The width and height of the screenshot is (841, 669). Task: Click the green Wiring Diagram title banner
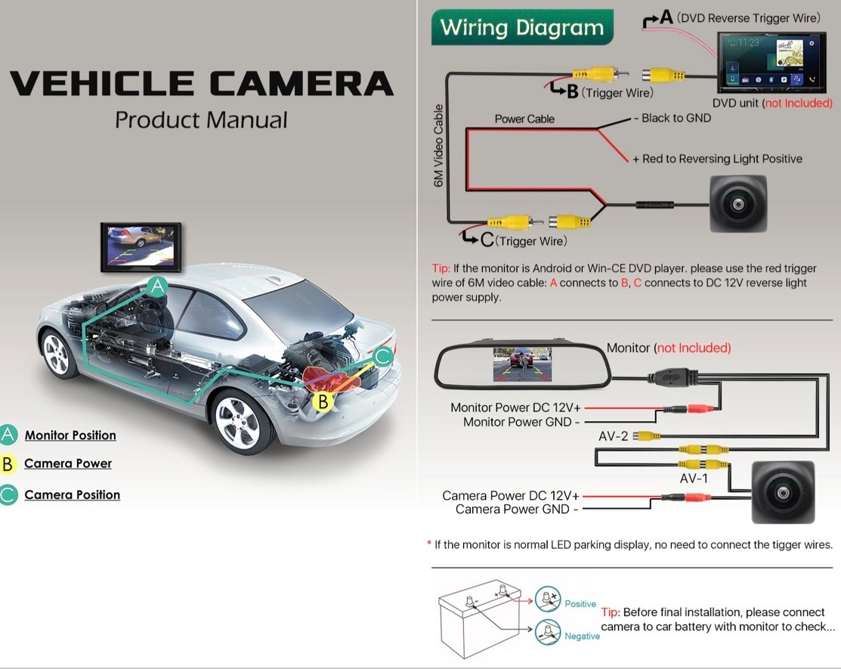click(522, 26)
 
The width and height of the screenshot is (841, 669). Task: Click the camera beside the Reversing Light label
click(738, 204)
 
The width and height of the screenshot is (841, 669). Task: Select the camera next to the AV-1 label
click(783, 493)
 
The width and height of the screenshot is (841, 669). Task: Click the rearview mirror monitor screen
click(522, 365)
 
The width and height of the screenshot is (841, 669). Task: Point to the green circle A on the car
click(158, 287)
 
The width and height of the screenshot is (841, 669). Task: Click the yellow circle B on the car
click(323, 401)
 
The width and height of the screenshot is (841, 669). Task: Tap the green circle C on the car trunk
click(383, 356)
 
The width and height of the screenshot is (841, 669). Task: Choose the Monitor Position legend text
click(70, 435)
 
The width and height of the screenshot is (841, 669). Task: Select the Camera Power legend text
click(68, 463)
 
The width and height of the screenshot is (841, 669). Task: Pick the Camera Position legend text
click(73, 494)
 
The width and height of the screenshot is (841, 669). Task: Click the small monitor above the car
click(141, 247)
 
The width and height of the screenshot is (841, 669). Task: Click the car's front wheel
click(58, 355)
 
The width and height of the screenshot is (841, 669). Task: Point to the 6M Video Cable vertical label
click(439, 146)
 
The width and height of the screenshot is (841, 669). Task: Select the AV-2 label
click(613, 436)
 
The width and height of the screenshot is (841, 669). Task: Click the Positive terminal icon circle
click(548, 599)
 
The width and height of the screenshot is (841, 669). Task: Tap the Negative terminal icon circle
click(548, 632)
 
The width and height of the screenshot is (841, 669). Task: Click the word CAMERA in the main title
click(301, 83)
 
